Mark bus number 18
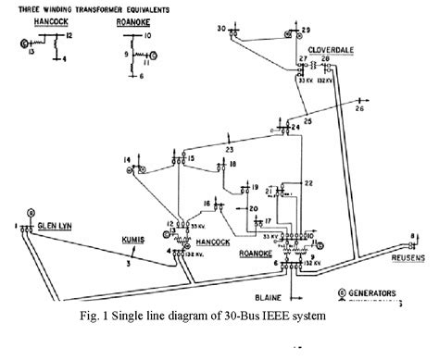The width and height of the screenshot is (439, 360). coord(233,165)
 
